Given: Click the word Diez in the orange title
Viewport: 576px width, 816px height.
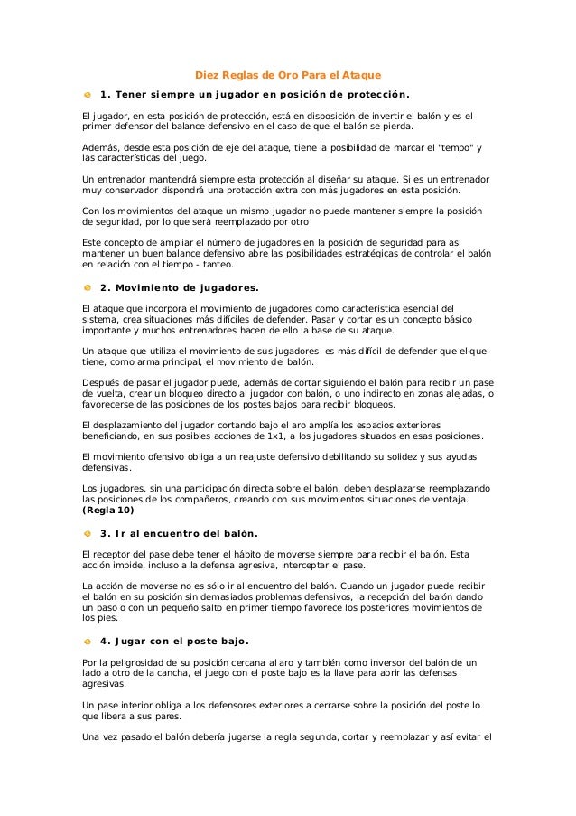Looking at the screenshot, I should (208, 74).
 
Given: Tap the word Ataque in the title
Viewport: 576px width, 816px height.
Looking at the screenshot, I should (360, 74).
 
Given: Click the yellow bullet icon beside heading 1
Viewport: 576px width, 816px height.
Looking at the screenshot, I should (88, 94).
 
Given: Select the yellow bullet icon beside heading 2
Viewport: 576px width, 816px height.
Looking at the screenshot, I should (88, 287).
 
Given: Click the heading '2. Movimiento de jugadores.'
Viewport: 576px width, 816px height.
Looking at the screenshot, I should (179, 288).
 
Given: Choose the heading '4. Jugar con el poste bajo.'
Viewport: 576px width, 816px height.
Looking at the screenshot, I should (174, 642).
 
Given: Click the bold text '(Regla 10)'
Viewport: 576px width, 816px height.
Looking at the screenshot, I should (108, 510).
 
